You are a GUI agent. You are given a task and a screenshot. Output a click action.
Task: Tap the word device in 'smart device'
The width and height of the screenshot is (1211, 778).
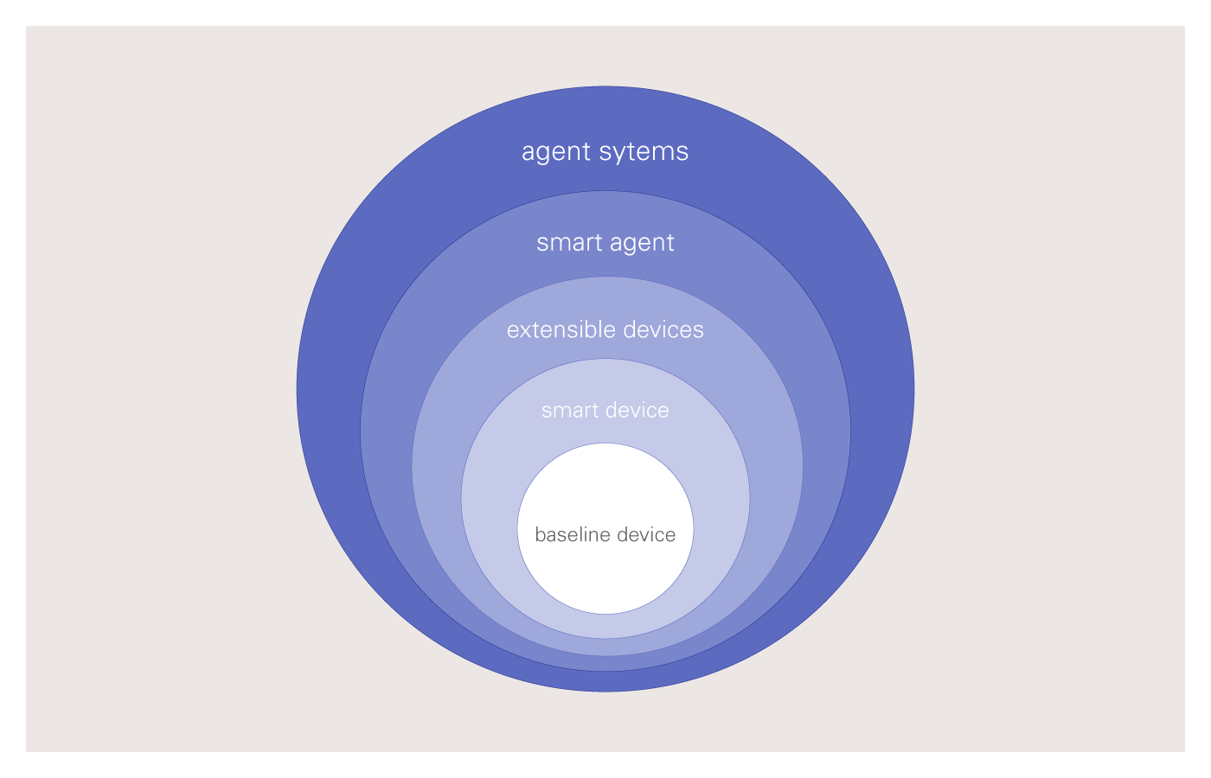point(638,410)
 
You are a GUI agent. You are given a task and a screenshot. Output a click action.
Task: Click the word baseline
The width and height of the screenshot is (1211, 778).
point(567,535)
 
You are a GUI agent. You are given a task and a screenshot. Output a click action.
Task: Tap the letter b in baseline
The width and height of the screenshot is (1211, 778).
point(540,534)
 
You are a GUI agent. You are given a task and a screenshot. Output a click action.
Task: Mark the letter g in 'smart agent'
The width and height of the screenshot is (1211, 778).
point(628,245)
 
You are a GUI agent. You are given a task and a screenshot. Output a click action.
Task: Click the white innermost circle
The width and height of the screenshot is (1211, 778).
point(605,571)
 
